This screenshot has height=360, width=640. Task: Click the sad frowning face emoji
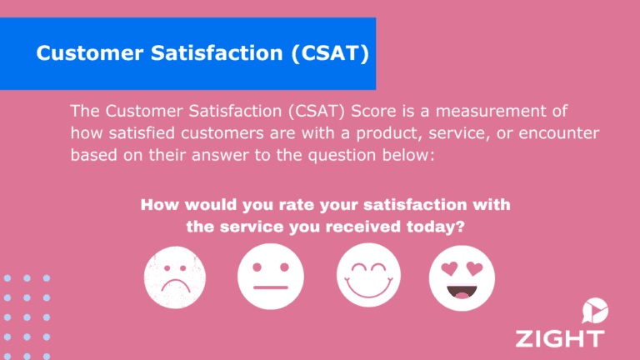coord(173,277)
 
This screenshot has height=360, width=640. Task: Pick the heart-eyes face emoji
coord(462,277)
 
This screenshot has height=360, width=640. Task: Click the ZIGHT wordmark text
coord(559,338)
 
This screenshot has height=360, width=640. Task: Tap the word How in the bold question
coord(157,204)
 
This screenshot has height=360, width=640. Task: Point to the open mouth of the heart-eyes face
coord(462,292)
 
